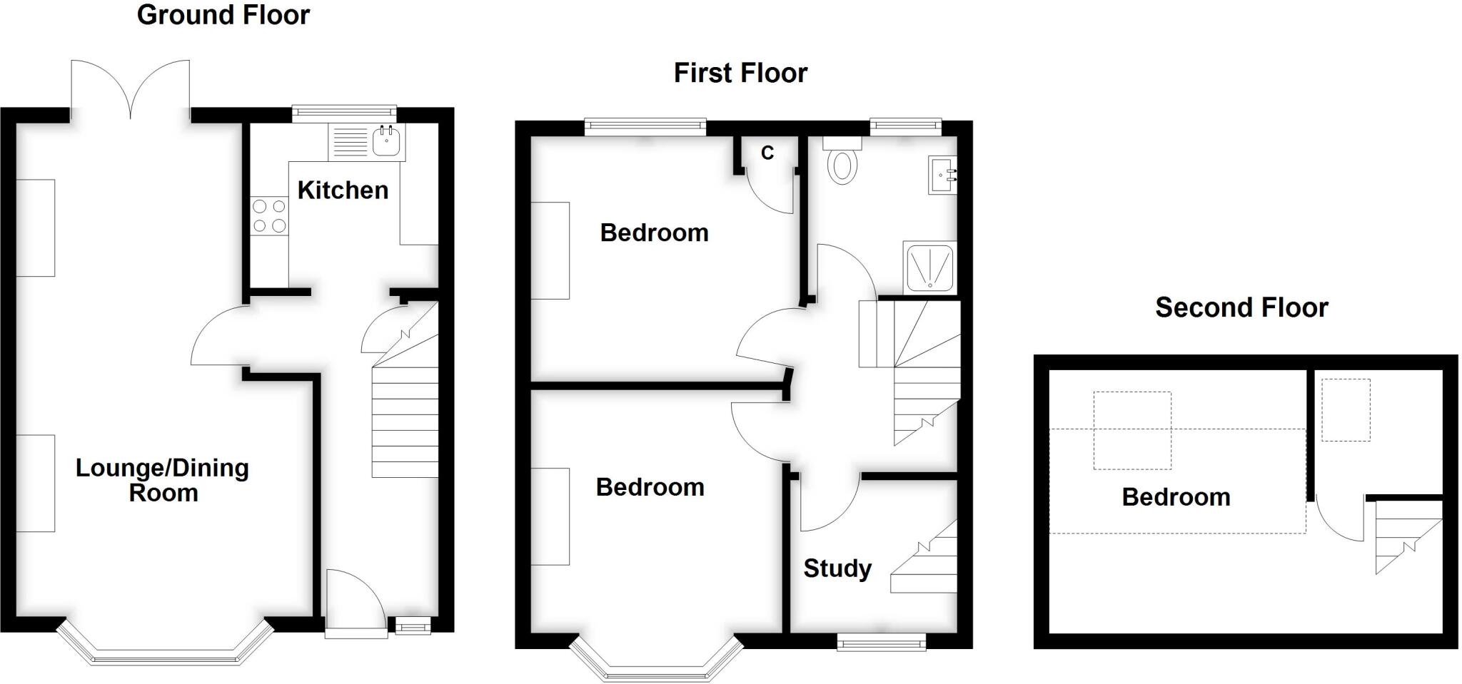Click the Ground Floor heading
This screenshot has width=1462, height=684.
[223, 16]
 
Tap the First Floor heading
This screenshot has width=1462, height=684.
[740, 73]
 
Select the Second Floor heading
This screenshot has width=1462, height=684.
[1241, 308]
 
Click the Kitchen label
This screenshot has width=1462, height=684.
[343, 190]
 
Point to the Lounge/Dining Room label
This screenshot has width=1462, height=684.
[163, 480]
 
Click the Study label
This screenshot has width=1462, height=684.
[837, 568]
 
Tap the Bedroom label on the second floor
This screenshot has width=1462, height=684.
[1176, 497]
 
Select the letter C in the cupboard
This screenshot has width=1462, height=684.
[767, 153]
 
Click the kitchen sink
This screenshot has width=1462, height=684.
[388, 141]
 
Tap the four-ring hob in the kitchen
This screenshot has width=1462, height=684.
[269, 216]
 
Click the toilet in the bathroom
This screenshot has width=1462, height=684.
[843, 163]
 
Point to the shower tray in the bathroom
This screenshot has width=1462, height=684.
[930, 267]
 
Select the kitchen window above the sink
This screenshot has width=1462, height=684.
[344, 112]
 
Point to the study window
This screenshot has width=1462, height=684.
[882, 641]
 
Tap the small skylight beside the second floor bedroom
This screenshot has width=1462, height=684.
[1346, 410]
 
